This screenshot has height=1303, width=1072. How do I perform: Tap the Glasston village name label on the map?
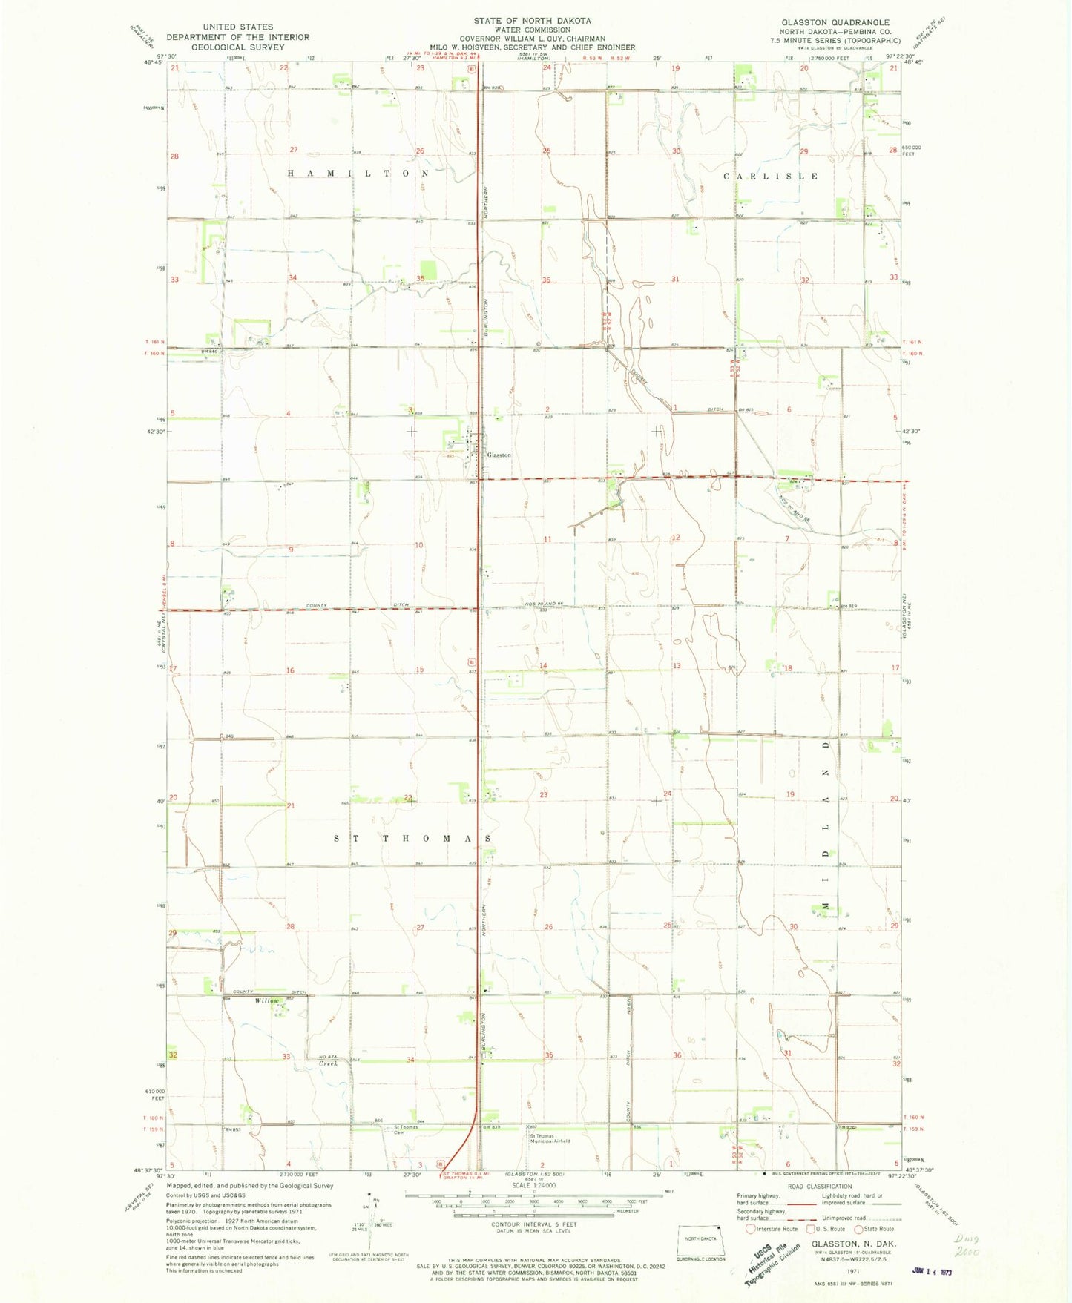(499, 455)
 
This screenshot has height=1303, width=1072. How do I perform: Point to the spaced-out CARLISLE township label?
(772, 177)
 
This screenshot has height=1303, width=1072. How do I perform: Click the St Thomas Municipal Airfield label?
(549, 1138)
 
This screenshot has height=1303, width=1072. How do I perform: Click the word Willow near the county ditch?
(266, 1001)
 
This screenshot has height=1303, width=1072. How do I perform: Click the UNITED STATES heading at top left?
(237, 27)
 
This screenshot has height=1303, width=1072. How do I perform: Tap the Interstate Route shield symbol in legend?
(752, 1229)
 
